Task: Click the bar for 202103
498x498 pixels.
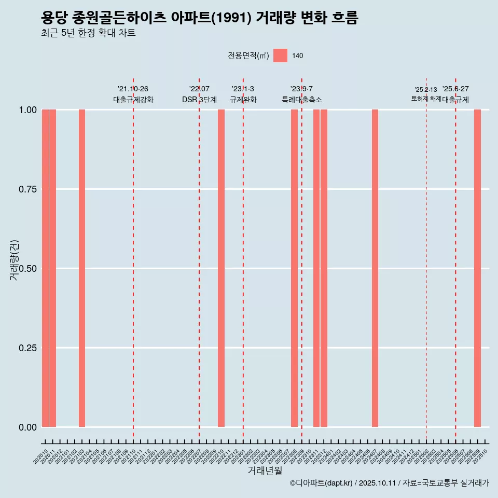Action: point(82,268)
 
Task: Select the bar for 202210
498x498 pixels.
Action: point(221,268)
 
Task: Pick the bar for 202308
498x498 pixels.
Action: point(294,268)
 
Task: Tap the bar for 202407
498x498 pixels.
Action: point(375,268)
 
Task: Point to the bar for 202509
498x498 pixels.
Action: point(477,268)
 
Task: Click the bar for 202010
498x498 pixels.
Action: point(45,268)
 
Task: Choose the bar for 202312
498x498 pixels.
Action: point(324,268)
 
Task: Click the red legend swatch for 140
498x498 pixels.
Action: point(280,56)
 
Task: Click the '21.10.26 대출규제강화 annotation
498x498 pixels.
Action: point(133,94)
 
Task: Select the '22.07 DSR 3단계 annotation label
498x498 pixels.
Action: point(199,94)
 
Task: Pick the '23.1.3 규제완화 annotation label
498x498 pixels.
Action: point(243,94)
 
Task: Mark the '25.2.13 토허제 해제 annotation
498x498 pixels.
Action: point(426,94)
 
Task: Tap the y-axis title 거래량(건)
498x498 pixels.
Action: point(14,260)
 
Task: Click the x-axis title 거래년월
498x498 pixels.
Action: point(265,471)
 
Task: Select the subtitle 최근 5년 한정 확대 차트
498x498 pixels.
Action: point(88,34)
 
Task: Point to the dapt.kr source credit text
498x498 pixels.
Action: point(389,483)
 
